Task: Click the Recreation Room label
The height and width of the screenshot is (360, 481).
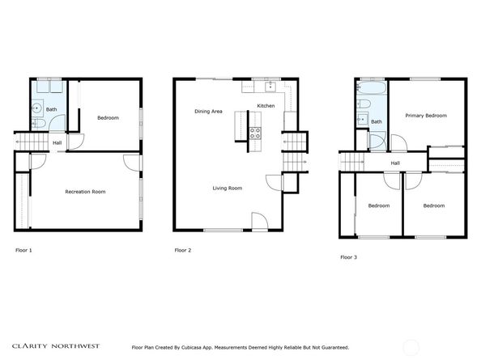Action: [85, 192]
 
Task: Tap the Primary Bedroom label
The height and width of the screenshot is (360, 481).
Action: [426, 116]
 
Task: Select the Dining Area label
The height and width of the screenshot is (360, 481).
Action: [208, 111]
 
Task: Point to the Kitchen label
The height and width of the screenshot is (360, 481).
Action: [266, 106]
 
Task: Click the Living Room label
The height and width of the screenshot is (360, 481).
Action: [228, 188]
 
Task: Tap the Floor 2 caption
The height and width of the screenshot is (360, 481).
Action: [183, 250]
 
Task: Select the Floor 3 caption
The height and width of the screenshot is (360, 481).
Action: [349, 257]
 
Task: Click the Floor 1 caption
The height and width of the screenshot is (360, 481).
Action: [23, 250]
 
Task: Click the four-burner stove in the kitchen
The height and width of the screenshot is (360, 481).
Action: [255, 133]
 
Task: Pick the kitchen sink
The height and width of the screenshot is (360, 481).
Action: [270, 87]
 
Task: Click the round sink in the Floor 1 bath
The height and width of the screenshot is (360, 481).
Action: [37, 108]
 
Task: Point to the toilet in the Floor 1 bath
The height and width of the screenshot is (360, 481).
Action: [39, 124]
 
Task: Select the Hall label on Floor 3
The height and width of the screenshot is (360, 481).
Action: [395, 163]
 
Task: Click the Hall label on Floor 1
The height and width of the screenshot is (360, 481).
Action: [57, 142]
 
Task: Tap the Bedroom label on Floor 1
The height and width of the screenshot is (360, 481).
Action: [108, 118]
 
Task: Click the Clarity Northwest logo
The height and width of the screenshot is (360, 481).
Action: [56, 346]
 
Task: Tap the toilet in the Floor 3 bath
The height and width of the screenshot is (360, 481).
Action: [364, 104]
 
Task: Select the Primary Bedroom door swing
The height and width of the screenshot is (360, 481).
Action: [398, 143]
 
